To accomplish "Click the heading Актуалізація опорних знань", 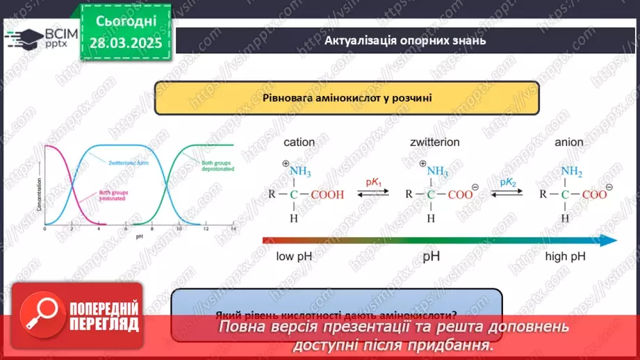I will [x=405, y=40].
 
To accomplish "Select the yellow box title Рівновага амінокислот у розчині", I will [x=347, y=98].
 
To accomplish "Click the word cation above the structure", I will [x=299, y=142].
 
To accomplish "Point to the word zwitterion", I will [x=434, y=142].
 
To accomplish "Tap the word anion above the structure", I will [x=569, y=142].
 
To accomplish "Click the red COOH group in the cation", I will [x=327, y=195].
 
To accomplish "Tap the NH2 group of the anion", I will [x=572, y=172].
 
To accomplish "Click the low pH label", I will [x=295, y=256].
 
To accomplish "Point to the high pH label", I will [x=565, y=256].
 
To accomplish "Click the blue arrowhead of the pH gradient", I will [x=609, y=240].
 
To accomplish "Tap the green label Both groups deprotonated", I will [x=217, y=167].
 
